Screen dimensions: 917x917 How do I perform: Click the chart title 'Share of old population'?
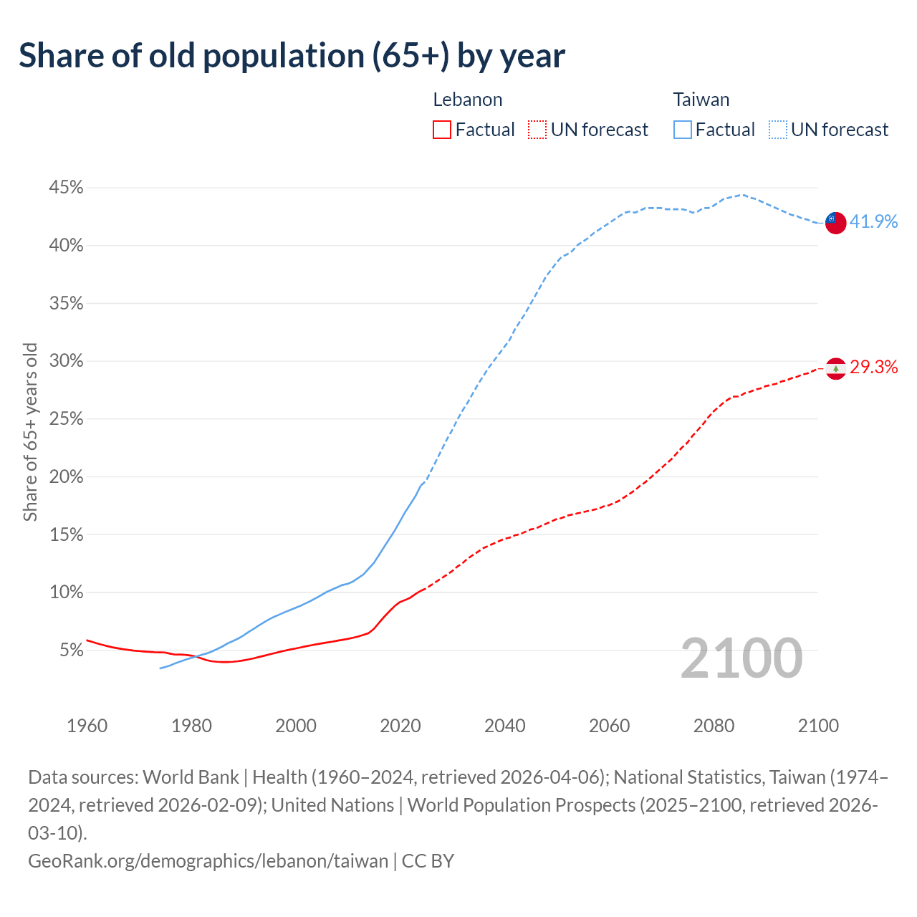292,56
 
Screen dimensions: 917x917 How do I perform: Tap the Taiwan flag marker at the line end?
835,222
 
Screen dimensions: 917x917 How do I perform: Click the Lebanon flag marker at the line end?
835,368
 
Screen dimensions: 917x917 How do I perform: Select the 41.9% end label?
873,222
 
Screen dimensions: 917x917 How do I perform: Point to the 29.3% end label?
873,368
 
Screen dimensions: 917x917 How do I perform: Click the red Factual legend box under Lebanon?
442,130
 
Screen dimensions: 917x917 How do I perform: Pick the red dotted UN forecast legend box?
537,130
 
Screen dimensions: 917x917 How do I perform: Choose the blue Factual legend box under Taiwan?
683,130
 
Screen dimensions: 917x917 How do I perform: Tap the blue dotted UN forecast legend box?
777,130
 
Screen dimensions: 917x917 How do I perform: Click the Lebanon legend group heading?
468,100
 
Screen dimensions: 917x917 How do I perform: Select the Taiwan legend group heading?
701,100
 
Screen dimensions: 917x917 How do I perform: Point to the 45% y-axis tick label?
66,188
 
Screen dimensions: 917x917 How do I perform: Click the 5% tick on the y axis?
71,650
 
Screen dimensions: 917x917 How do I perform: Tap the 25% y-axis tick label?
66,419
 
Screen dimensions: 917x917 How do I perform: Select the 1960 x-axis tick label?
87,726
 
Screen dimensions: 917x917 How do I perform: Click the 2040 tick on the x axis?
505,726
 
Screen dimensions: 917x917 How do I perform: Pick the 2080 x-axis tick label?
714,726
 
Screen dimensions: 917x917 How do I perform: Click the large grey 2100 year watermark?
741,658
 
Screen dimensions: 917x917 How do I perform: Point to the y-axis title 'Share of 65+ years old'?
30,432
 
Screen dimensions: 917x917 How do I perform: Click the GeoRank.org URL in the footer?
208,860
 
